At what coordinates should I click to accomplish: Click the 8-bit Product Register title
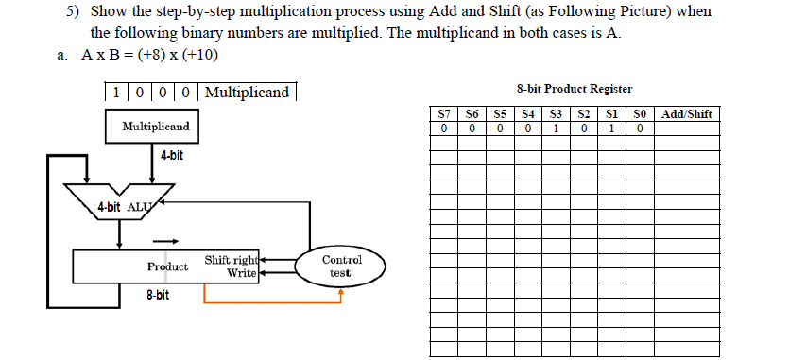[x=575, y=89]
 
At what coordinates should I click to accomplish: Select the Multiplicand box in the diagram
[x=155, y=127]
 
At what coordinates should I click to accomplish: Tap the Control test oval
[x=340, y=266]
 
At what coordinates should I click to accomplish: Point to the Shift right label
[x=230, y=260]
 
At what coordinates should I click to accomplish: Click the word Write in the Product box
[x=242, y=273]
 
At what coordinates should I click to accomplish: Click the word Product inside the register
[x=167, y=266]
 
